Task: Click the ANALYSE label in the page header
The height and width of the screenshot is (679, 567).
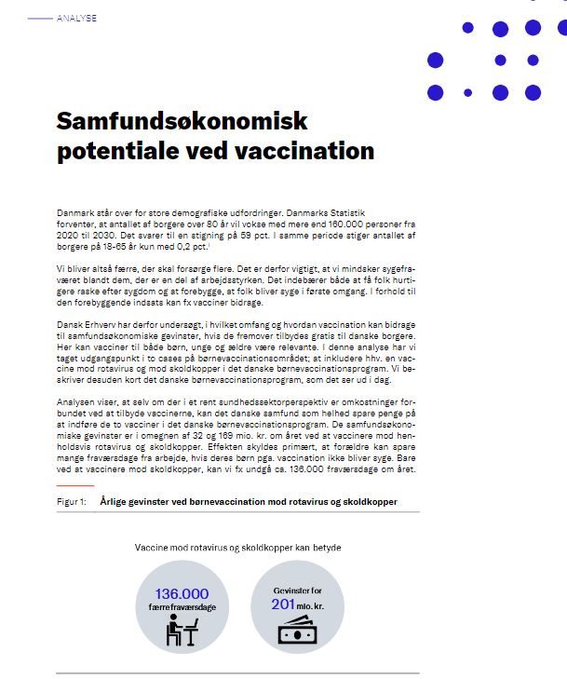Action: pyautogui.click(x=75, y=18)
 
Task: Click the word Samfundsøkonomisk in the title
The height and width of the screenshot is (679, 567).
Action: pyautogui.click(x=182, y=121)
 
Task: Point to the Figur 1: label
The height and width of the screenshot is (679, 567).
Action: pyautogui.click(x=72, y=501)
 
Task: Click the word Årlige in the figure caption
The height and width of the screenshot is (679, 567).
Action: pyautogui.click(x=116, y=501)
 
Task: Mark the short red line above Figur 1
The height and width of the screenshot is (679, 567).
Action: pyautogui.click(x=74, y=485)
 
